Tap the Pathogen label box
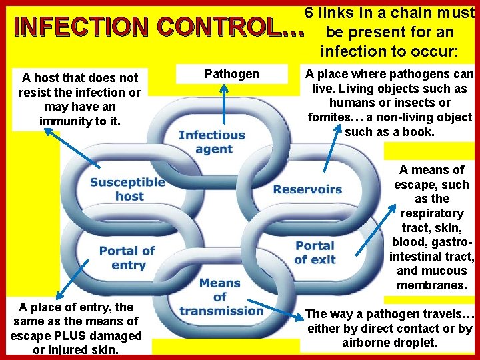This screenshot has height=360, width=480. [231, 74]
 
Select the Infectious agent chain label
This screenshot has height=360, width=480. [212, 142]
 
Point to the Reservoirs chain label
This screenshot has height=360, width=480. [307, 189]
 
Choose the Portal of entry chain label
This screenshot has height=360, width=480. [127, 257]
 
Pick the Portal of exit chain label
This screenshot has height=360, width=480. [314, 253]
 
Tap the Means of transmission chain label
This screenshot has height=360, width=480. [221, 297]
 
